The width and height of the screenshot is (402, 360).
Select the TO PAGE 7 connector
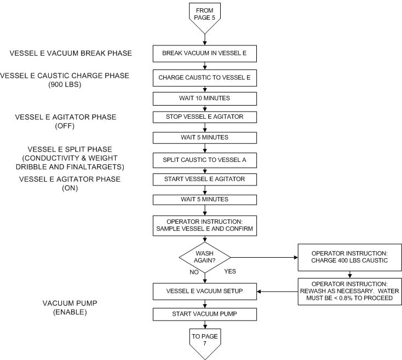204,341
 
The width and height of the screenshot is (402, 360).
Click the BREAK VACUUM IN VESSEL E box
204,54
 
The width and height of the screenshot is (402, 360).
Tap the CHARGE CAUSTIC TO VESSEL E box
204,78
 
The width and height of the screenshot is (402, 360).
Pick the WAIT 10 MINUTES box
204,98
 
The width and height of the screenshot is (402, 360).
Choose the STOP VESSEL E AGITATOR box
204,117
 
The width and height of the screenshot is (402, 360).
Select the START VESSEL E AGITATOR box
204,179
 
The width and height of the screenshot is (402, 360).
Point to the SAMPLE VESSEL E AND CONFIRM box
204,225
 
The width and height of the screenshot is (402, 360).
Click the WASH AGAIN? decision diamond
204,256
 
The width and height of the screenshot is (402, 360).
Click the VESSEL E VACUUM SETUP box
204,292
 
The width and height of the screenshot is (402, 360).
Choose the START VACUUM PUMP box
204,314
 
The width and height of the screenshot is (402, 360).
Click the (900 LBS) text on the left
65,85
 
